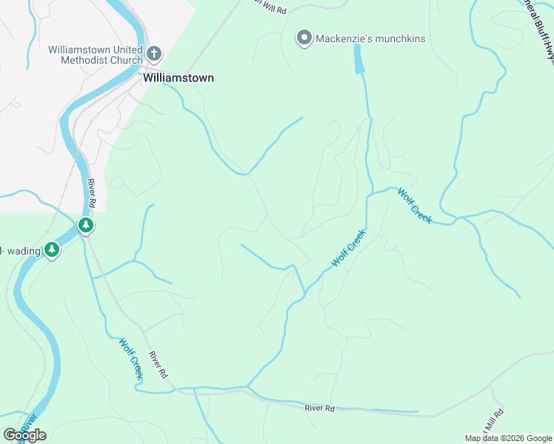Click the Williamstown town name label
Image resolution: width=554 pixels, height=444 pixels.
click(x=178, y=77)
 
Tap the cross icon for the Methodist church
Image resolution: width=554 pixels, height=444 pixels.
click(x=154, y=53)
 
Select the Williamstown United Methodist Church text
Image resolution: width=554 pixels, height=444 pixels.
click(x=95, y=55)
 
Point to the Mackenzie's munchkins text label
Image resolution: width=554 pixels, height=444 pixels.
click(x=370, y=38)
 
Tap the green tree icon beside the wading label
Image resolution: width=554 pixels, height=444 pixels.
click(x=51, y=250)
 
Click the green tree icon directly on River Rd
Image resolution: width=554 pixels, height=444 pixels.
click(x=86, y=225)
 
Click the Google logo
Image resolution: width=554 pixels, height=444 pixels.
click(x=24, y=435)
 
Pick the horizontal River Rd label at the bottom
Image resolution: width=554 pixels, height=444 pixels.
click(x=320, y=408)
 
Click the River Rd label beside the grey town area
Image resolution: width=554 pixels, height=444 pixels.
click(x=92, y=192)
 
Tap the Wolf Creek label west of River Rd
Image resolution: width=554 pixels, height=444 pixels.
click(x=130, y=359)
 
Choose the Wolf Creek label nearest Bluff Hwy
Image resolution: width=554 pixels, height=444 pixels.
click(x=414, y=205)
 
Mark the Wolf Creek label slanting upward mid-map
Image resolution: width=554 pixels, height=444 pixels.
click(x=348, y=249)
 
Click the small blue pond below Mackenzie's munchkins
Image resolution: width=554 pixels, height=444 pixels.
click(x=359, y=59)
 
